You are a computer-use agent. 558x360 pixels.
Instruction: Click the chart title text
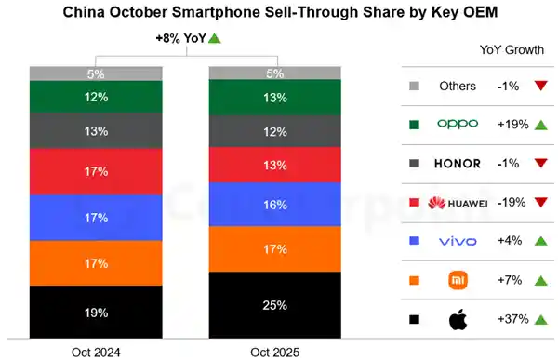click(279, 14)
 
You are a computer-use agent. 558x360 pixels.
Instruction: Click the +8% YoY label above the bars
click(185, 38)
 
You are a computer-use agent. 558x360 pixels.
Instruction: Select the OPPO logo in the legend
click(458, 125)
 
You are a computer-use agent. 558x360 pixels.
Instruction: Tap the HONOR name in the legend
click(458, 164)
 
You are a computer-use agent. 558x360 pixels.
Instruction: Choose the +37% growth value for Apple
click(512, 319)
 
